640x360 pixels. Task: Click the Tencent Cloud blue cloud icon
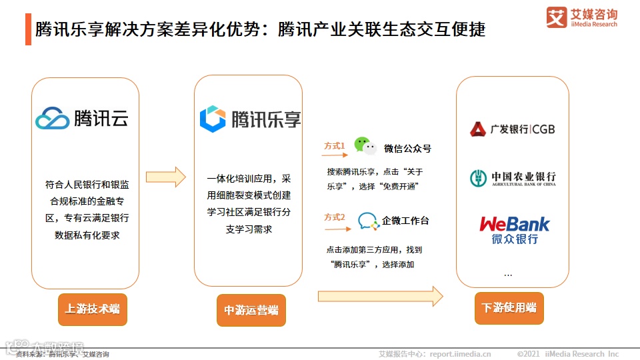coord(53,118)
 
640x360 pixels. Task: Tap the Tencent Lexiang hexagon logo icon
coord(213,118)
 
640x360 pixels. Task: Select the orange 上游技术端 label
coord(92,309)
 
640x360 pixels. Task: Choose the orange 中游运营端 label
coord(251,310)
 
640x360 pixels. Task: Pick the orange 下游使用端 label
coord(509,308)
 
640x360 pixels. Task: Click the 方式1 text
coord(334,145)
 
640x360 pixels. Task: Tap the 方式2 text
coord(334,217)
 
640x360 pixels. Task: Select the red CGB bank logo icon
coord(478,129)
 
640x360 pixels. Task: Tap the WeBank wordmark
coord(515,223)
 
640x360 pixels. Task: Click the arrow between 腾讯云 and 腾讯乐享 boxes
coord(165,177)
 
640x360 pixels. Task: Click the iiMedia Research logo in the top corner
coord(581,17)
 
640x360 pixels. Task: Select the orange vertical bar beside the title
coord(28,30)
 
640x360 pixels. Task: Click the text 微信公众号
coord(407,149)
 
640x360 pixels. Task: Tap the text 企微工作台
coord(405,221)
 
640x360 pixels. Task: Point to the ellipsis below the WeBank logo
coord(508,274)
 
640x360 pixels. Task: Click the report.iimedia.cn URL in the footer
coord(460,354)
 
